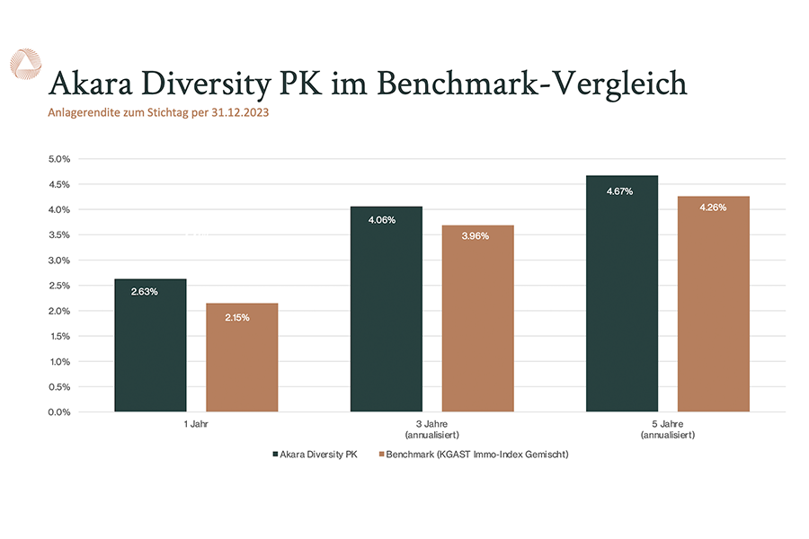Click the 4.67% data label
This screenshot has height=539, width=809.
[620, 191]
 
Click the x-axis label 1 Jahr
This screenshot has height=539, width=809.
[196, 422]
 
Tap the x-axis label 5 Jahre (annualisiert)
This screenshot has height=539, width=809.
[666, 429]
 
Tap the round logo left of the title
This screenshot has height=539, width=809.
[24, 65]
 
